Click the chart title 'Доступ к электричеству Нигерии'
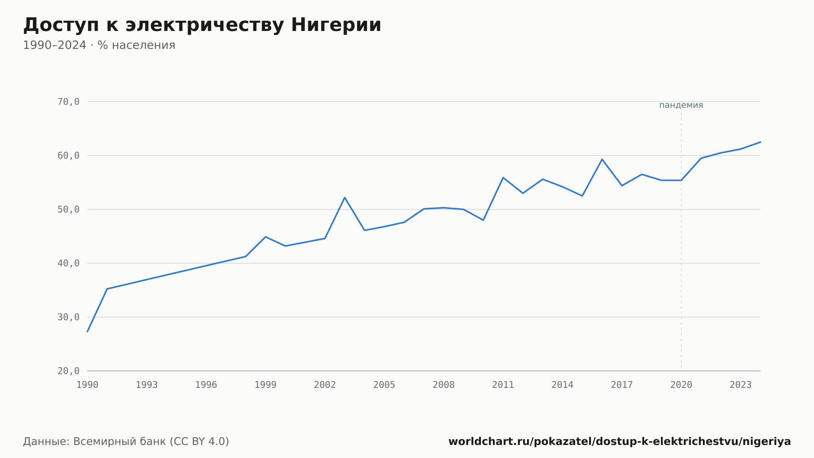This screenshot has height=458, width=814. (202, 25)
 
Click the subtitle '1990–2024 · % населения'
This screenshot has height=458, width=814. (99, 45)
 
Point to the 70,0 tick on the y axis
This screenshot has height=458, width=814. (68, 102)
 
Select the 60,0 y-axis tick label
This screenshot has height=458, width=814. (68, 156)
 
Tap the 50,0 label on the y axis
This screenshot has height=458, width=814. (68, 209)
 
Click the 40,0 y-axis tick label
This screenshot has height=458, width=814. (68, 263)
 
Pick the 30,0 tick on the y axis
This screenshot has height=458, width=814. (68, 317)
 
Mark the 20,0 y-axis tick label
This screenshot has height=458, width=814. (68, 371)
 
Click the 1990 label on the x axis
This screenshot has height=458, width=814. (88, 385)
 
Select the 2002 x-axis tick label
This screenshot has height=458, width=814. (325, 385)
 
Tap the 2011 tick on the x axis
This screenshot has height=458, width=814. (503, 385)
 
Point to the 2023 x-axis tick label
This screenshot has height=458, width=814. (741, 385)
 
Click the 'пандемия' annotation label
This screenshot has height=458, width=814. (681, 105)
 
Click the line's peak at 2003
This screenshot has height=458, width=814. (345, 198)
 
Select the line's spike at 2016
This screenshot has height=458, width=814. (602, 159)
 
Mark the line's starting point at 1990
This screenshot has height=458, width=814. (88, 332)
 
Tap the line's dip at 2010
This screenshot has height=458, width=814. (483, 220)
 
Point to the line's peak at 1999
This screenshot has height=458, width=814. (265, 237)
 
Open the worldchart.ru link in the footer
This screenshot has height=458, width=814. (619, 442)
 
